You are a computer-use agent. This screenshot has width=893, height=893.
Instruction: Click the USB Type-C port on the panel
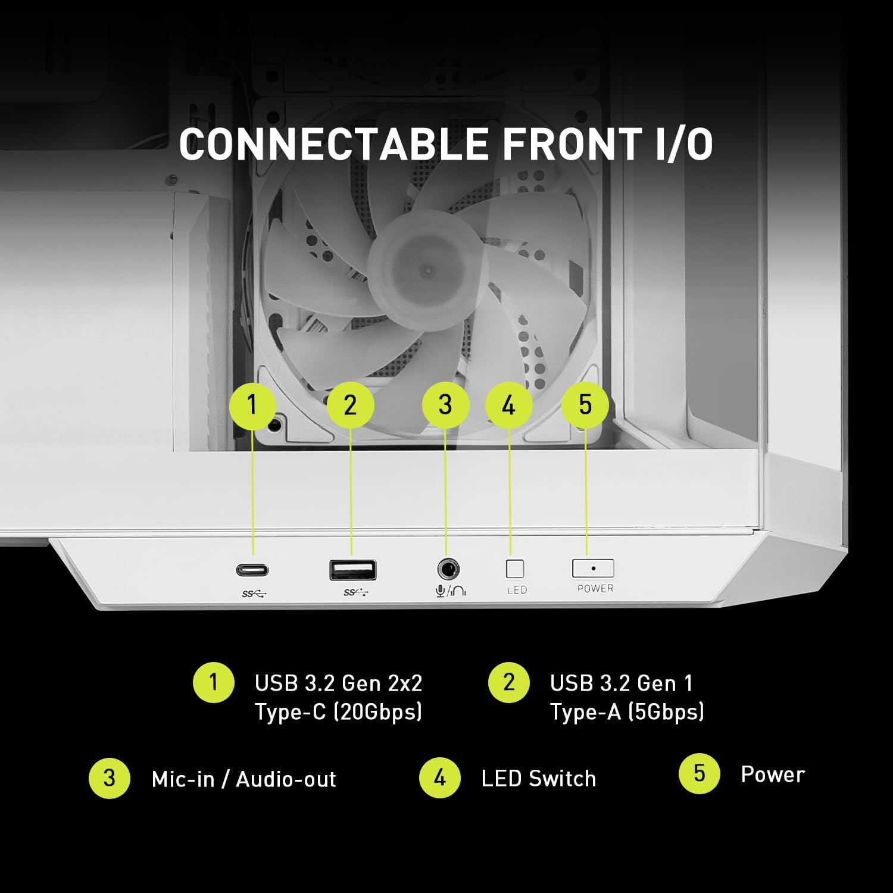(252, 570)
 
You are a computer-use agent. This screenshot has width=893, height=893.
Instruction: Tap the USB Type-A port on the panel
(352, 570)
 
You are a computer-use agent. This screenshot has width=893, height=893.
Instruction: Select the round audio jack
(448, 570)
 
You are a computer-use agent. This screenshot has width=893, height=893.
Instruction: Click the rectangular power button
(593, 569)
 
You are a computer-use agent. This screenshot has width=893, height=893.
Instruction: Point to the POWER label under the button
(595, 588)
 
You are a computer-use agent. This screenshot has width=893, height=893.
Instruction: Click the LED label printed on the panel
(516, 590)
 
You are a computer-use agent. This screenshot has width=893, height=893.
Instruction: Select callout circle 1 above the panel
(252, 405)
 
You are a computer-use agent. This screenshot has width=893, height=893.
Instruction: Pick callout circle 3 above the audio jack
(445, 405)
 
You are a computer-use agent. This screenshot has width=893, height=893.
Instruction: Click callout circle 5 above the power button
(585, 405)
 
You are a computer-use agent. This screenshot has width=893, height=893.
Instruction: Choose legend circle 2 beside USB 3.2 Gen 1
(508, 682)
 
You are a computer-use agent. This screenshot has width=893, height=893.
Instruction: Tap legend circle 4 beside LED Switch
(439, 778)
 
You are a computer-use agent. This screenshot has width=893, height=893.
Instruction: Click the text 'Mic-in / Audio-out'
(243, 779)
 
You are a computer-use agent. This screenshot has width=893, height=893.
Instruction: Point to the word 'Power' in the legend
(772, 775)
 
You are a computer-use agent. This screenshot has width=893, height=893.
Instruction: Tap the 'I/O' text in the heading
(683, 144)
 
